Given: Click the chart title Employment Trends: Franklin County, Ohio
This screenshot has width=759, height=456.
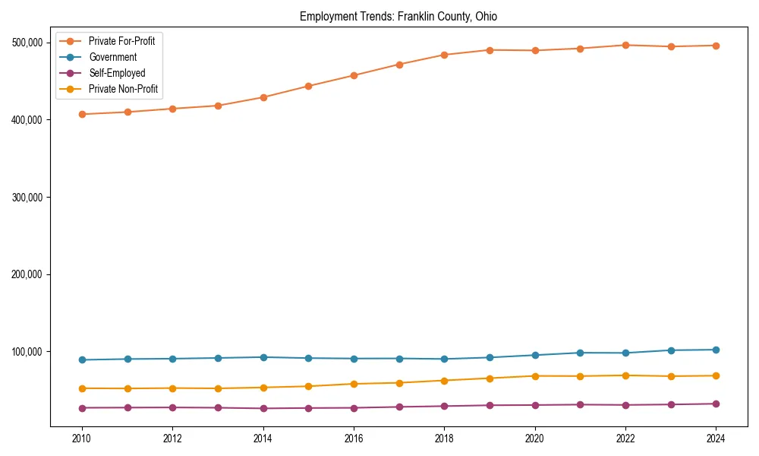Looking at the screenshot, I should coord(398,17).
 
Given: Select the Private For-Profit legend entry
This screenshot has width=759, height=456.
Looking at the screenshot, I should coord(121,41).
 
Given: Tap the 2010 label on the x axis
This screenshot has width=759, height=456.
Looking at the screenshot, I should coord(82,439).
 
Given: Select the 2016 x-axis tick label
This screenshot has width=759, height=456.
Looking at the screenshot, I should coord(354,439).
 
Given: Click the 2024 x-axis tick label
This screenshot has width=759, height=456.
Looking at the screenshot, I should coord(716,439).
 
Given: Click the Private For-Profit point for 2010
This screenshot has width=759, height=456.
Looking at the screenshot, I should coord(82,114).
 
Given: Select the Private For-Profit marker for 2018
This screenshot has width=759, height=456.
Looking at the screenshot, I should coord(444,55).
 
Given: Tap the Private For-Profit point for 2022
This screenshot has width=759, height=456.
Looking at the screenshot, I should coord(625,45).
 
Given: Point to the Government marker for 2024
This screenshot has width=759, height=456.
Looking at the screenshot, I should coord(716,350).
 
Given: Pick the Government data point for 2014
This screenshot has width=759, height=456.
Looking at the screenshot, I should coord(263,357).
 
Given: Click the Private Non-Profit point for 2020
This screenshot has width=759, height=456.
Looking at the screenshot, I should coord(535,376).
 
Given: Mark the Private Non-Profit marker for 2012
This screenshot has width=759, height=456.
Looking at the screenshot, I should coord(172,388).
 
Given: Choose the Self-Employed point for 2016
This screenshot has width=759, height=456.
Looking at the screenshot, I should coord(354,408).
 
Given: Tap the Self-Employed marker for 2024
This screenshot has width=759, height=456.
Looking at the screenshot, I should coord(716,404).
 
